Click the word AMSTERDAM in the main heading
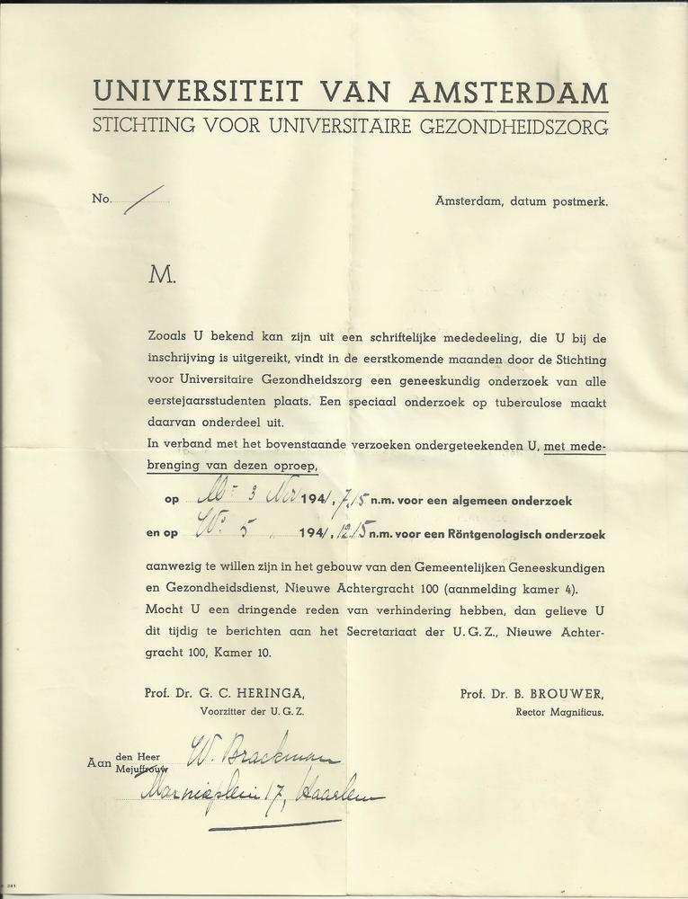click(x=509, y=93)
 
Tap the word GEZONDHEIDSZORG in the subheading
click(x=508, y=126)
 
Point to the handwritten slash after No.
click(x=144, y=198)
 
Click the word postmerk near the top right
click(x=581, y=201)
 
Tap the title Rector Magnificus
click(x=560, y=712)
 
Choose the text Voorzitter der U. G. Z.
click(x=253, y=711)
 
